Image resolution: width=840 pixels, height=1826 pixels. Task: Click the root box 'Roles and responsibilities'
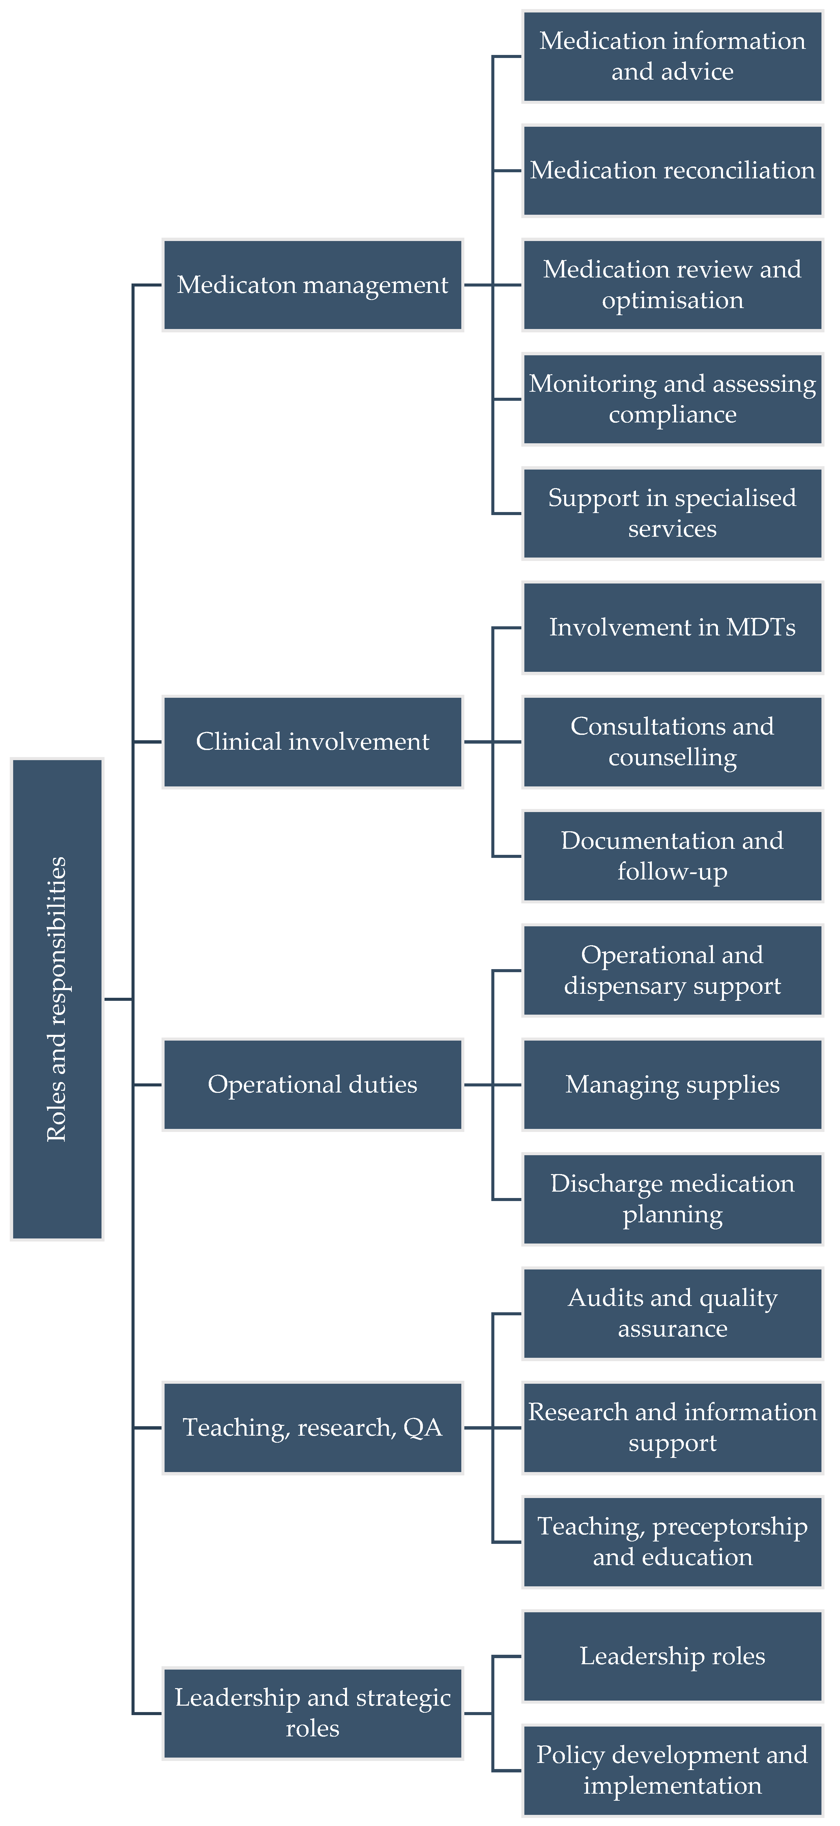pyautogui.click(x=57, y=999)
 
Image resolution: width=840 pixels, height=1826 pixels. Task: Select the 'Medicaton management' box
pyautogui.click(x=313, y=285)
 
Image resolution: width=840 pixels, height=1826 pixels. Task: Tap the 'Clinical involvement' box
pyautogui.click(x=313, y=742)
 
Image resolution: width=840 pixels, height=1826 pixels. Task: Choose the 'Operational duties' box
pyautogui.click(x=313, y=1084)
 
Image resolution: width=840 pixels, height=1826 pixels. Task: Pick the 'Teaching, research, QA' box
pyautogui.click(x=313, y=1428)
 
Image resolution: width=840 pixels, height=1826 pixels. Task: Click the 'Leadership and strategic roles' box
pyautogui.click(x=313, y=1713)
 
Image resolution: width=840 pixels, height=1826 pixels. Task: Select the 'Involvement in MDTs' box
pyautogui.click(x=672, y=627)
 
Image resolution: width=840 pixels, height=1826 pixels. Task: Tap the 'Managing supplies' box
pyautogui.click(x=672, y=1084)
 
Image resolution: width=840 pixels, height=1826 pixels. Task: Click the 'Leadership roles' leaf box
pyautogui.click(x=672, y=1656)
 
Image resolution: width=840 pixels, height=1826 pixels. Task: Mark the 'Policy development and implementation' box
pyautogui.click(x=672, y=1770)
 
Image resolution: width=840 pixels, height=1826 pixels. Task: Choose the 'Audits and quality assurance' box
pyautogui.click(x=672, y=1314)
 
